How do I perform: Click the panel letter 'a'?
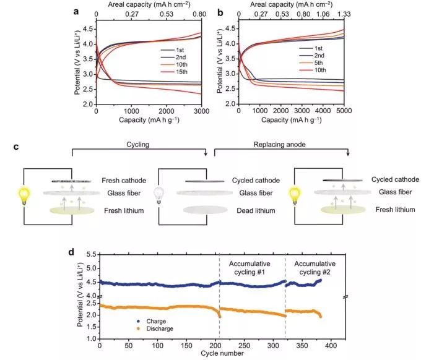coord(76,11)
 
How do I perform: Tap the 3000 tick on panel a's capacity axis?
coord(202,109)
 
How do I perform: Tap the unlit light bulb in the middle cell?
coord(162,196)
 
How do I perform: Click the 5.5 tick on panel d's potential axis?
coord(90,255)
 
